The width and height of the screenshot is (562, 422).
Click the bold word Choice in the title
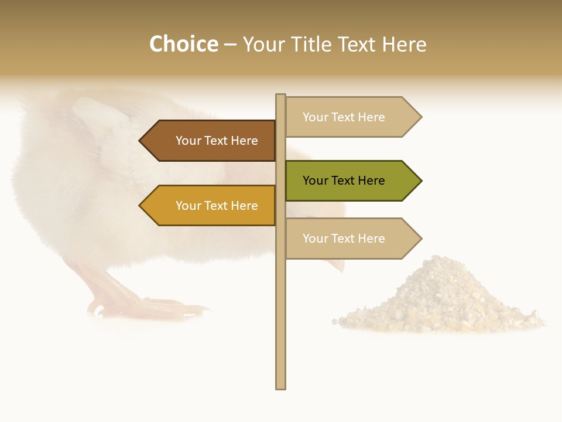coord(183,45)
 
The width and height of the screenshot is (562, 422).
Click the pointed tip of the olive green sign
coord(420,181)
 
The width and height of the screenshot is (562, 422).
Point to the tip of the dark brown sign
coord(141,141)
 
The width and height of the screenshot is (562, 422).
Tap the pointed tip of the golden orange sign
coord(141,206)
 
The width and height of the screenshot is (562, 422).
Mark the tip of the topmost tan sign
coord(420,117)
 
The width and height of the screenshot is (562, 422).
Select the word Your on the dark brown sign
coord(188,141)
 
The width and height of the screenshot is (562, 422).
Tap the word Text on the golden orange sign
coord(216,206)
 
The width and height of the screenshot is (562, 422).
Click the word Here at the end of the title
coord(404,45)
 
